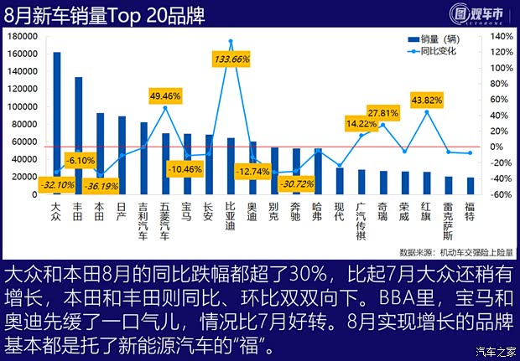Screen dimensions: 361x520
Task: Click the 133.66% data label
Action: point(231,59)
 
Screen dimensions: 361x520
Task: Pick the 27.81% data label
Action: point(382,113)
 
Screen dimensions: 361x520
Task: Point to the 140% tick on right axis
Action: point(500,38)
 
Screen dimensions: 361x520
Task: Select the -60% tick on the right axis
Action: point(500,195)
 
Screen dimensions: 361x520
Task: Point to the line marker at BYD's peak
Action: point(231,41)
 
